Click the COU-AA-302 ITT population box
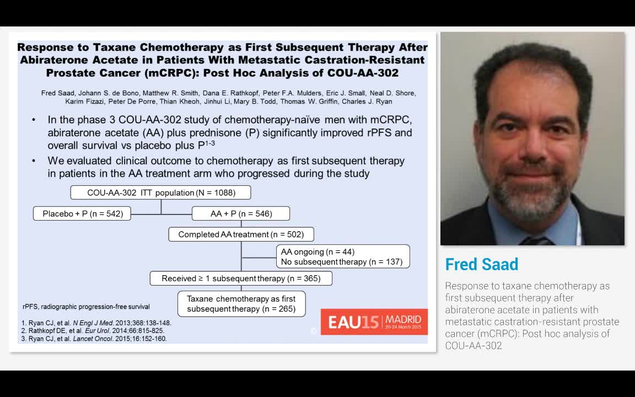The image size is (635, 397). (161, 192)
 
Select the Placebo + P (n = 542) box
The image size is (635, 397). (83, 213)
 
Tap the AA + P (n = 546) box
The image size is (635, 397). (241, 213)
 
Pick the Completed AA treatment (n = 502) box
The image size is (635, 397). (241, 234)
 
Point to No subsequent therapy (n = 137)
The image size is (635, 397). (341, 262)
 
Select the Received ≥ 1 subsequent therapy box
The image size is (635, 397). (241, 278)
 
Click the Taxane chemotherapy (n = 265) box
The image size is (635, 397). (241, 304)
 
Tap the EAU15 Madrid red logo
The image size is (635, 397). (374, 321)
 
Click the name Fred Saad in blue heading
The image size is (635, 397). (481, 265)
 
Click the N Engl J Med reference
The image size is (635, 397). (96, 323)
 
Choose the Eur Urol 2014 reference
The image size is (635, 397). (93, 331)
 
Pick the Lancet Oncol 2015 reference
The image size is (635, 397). (94, 339)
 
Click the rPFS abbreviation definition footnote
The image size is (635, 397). (86, 307)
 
